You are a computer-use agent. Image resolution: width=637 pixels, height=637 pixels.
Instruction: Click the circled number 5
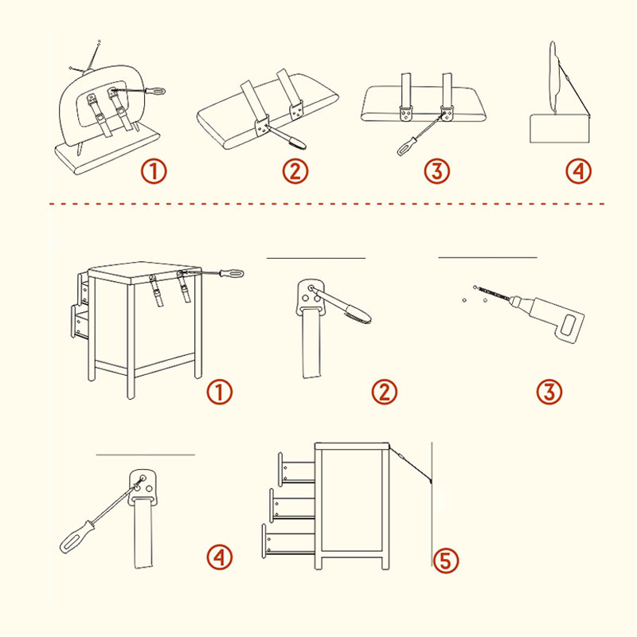coord(446,561)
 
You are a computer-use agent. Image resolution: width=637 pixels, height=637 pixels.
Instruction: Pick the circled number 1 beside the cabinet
coord(220,392)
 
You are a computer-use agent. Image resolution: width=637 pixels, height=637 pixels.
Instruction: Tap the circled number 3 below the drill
coord(549,392)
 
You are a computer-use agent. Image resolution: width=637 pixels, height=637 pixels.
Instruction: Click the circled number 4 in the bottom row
coord(220,557)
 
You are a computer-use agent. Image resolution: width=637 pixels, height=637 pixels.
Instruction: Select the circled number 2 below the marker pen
coord(385,392)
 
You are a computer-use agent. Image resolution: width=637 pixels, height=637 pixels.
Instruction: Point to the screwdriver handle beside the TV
coord(155,91)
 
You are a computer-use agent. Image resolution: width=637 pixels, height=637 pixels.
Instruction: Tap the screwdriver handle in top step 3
coord(407,147)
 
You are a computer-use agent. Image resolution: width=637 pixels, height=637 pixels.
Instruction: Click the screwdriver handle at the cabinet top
coord(232,273)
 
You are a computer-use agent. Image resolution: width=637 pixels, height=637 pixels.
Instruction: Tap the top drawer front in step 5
coord(280,469)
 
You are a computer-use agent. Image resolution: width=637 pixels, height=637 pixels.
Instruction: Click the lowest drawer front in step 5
coord(264,540)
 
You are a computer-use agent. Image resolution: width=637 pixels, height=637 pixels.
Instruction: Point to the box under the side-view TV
coord(561,128)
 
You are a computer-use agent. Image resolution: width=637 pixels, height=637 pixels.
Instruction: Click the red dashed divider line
coord(326,204)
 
